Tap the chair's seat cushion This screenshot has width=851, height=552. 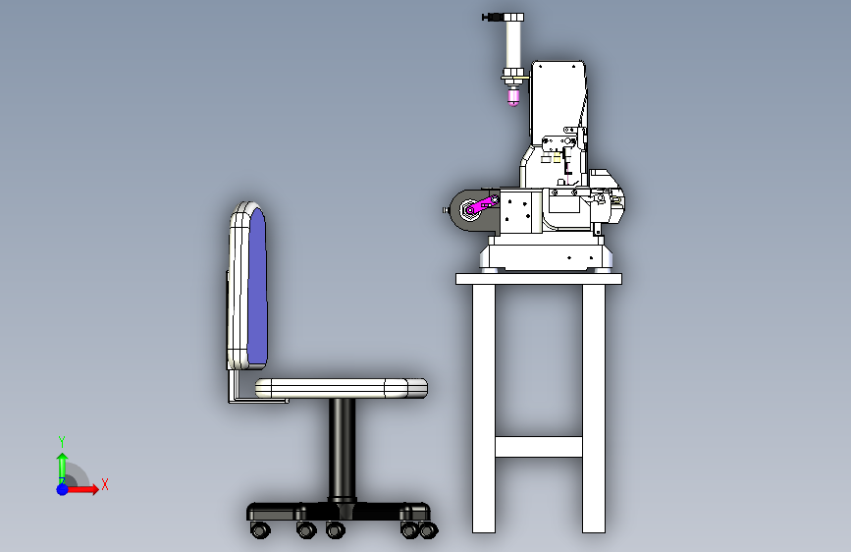tap(342, 388)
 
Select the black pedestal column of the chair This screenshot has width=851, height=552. tap(342, 450)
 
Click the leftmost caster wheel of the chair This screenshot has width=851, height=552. tap(260, 529)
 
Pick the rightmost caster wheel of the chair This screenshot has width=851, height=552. tap(429, 529)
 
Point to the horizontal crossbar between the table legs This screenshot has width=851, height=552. tap(539, 447)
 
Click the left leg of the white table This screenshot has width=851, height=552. tap(484, 409)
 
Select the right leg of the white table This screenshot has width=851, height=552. tap(594, 409)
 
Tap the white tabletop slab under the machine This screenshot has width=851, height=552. tap(539, 279)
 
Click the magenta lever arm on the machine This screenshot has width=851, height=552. tap(482, 205)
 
